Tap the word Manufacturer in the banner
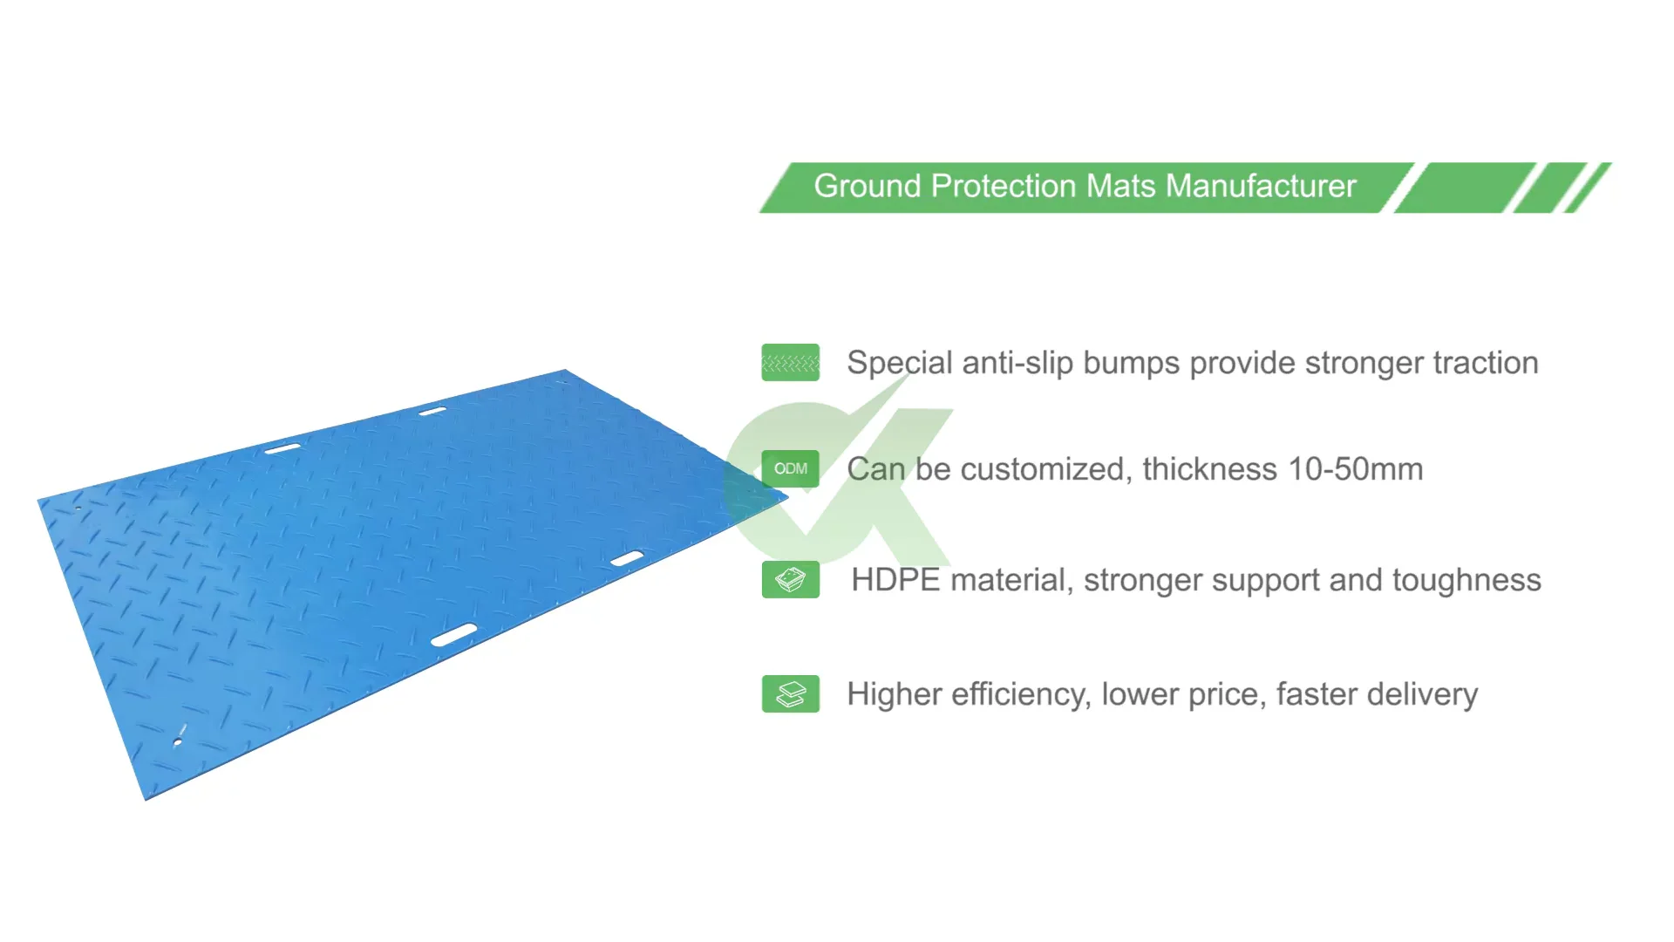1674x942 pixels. click(x=1261, y=187)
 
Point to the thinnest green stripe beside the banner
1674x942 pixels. click(x=1588, y=187)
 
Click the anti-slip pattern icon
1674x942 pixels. click(x=791, y=363)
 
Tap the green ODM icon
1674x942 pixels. click(x=791, y=469)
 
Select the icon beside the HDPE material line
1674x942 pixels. click(x=791, y=580)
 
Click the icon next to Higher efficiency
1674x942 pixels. click(x=791, y=694)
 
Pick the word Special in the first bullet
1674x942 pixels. click(x=899, y=363)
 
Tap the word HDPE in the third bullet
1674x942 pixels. click(x=895, y=580)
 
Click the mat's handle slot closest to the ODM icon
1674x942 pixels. click(x=627, y=558)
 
